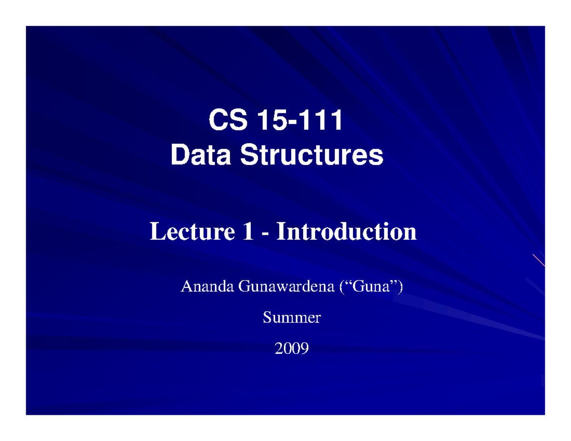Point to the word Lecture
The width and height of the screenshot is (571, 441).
coord(186,232)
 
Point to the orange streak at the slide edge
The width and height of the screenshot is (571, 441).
coord(539,260)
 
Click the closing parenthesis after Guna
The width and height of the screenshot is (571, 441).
coord(400,287)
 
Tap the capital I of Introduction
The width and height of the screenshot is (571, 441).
coord(281,232)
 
